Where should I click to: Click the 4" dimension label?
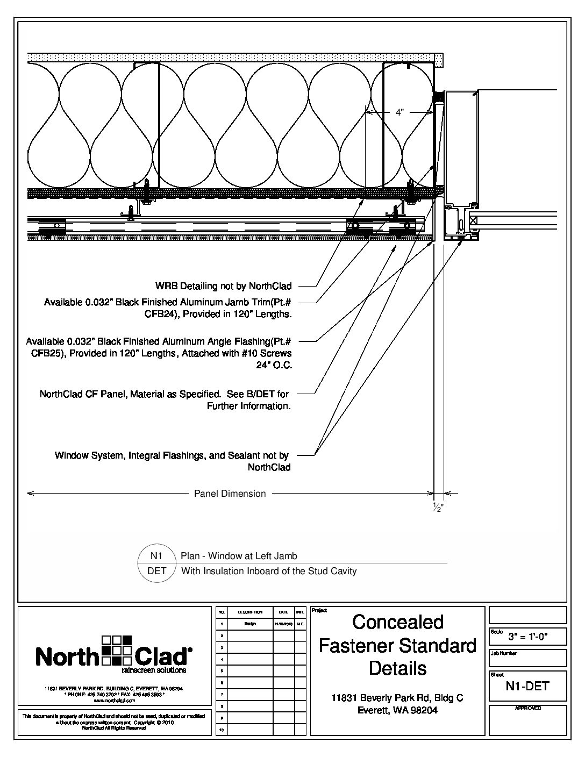[399, 112]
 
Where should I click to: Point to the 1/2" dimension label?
[438, 508]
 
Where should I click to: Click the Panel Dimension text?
[230, 494]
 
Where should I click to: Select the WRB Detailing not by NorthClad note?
[224, 285]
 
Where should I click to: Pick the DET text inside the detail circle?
[156, 571]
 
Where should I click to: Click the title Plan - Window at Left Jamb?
[239, 556]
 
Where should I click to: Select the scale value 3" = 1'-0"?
[528, 637]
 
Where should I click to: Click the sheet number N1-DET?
[527, 686]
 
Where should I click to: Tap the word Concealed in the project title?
[398, 622]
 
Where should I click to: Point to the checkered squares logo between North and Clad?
[116, 650]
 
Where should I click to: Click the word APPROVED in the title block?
[527, 709]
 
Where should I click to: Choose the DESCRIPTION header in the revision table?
[250, 612]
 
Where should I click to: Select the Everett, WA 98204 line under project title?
[398, 710]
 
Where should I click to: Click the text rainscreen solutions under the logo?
[154, 670]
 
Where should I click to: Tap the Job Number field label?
[504, 653]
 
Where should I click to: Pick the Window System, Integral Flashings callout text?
[172, 455]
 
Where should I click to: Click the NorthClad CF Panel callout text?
[164, 394]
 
